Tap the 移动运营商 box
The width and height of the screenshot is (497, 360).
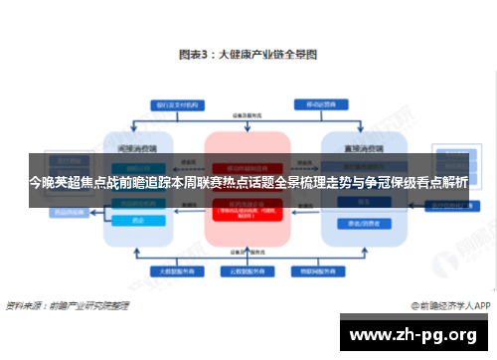tap(321, 102)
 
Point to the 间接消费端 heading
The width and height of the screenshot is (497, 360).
tap(138, 145)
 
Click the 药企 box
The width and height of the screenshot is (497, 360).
tap(138, 222)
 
